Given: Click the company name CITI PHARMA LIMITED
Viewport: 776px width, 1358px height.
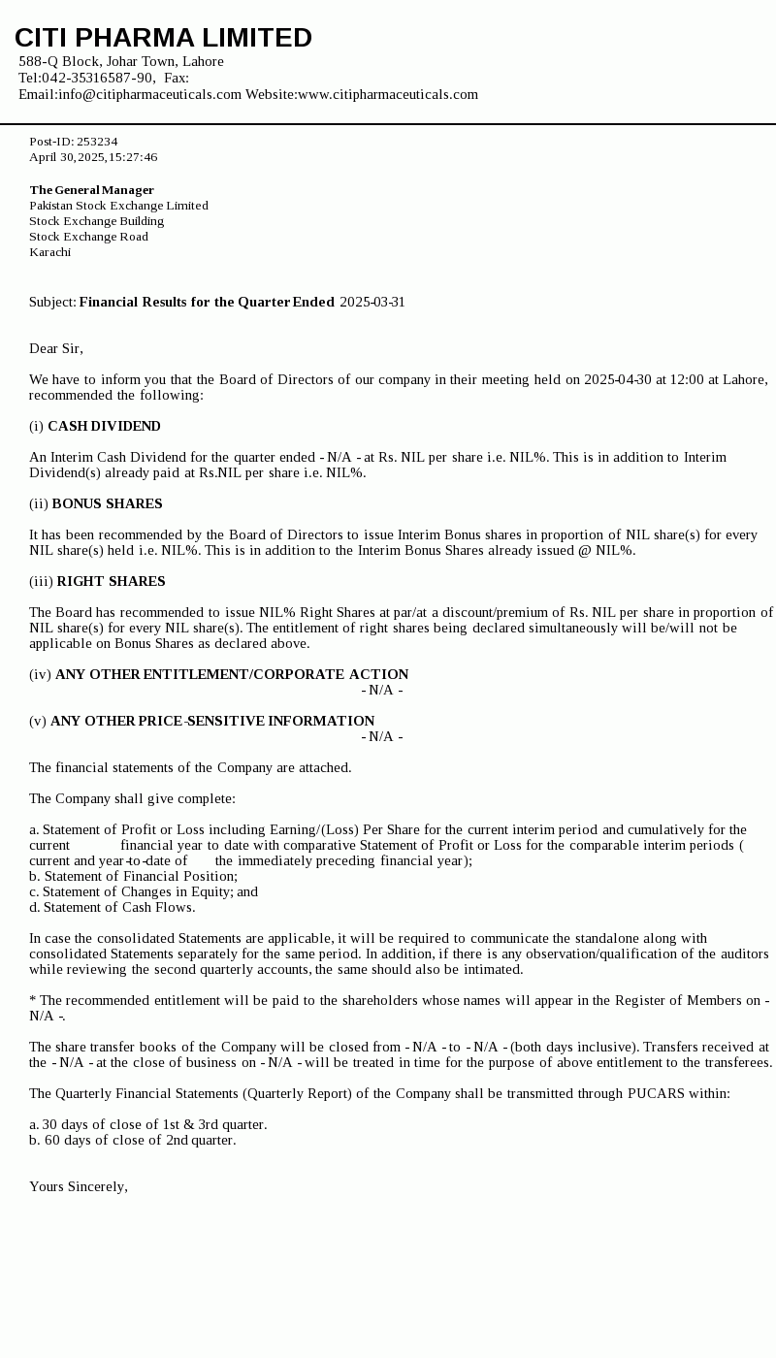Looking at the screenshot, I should (163, 38).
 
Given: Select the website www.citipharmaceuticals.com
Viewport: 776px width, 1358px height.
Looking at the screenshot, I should (388, 94).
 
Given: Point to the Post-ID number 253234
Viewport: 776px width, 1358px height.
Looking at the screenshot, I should (97, 142).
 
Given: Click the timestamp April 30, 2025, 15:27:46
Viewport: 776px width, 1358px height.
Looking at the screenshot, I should (93, 157).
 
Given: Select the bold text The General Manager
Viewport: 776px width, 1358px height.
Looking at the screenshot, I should (91, 190).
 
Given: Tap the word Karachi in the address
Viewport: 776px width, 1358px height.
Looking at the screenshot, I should (49, 252).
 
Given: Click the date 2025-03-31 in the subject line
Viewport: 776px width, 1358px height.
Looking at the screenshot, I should (372, 302).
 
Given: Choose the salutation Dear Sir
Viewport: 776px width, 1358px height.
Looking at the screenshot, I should (56, 348).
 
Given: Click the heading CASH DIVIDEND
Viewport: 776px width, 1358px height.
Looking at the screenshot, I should (104, 426).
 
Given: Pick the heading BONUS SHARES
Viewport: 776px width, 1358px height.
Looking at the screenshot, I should (107, 503).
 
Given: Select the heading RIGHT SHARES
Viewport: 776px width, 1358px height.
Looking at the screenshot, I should (111, 581).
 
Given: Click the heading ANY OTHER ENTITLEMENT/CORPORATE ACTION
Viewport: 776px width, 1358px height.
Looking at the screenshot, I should (232, 674).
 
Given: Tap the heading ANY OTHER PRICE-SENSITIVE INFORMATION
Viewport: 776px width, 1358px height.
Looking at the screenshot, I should (212, 721).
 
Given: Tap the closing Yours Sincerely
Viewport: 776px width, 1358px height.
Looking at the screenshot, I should (79, 1186).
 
